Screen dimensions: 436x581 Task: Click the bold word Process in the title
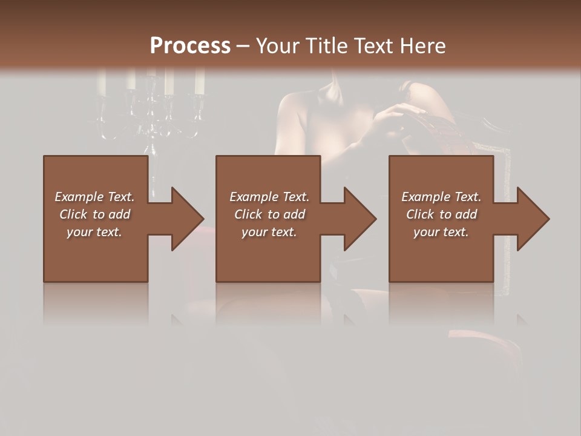click(x=190, y=46)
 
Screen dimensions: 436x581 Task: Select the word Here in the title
click(x=422, y=46)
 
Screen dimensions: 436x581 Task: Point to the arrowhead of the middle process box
click(x=359, y=219)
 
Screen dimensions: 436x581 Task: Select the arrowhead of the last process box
click(x=533, y=219)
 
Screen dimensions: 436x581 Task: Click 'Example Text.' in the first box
click(x=94, y=197)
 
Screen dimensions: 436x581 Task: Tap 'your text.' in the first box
click(x=94, y=232)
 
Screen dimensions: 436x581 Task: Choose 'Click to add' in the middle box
click(x=269, y=214)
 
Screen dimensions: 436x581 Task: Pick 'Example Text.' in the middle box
click(x=269, y=197)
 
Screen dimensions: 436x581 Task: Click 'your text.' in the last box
click(x=441, y=232)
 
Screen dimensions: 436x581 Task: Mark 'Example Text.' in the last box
click(x=441, y=197)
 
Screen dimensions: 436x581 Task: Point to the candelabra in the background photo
click(x=151, y=109)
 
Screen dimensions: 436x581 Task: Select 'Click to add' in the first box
click(x=94, y=214)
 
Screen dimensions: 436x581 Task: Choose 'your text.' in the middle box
click(x=269, y=232)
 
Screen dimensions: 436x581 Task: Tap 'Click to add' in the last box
click(x=441, y=214)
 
